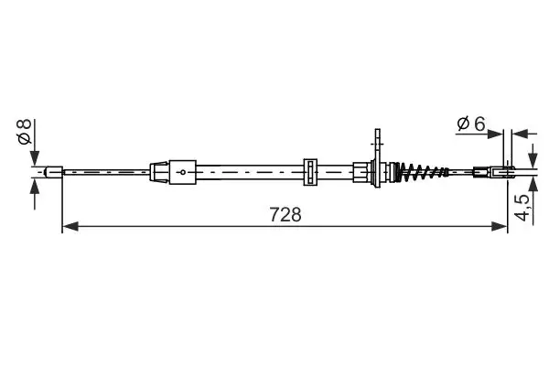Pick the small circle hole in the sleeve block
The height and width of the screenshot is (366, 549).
(x=183, y=171)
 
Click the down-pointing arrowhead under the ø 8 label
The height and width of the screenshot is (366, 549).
(x=35, y=157)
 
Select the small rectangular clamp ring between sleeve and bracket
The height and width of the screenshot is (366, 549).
(x=309, y=171)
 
